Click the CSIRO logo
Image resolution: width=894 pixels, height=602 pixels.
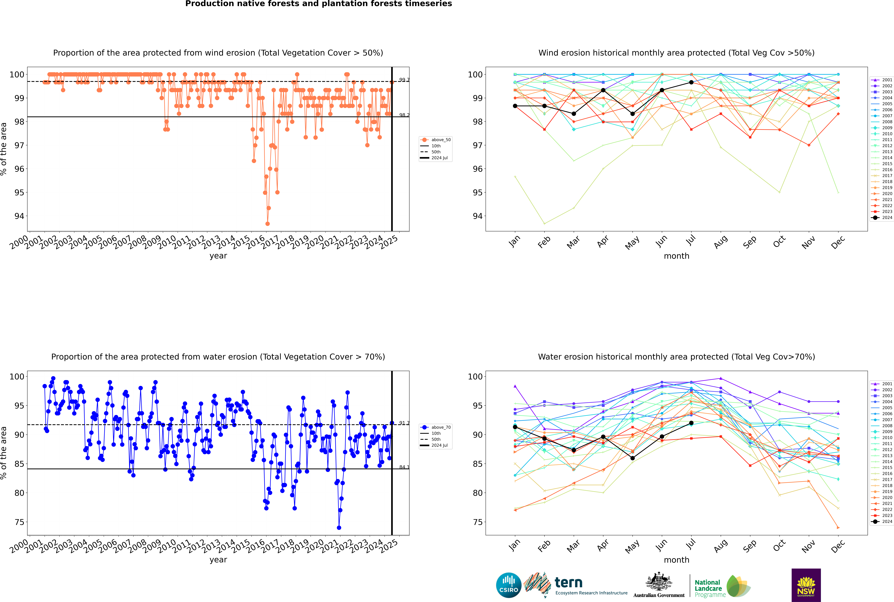pos(508,586)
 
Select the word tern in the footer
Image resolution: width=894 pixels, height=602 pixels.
pos(568,583)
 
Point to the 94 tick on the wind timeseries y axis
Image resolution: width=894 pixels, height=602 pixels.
pos(19,216)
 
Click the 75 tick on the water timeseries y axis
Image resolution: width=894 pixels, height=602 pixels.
pos(19,522)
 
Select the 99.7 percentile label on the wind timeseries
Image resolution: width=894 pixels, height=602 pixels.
pos(404,80)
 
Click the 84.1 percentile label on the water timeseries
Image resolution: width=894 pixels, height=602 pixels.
pos(404,467)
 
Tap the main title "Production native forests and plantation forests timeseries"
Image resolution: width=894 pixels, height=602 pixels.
pos(319,4)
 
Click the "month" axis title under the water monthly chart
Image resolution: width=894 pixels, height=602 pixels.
pos(676,560)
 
